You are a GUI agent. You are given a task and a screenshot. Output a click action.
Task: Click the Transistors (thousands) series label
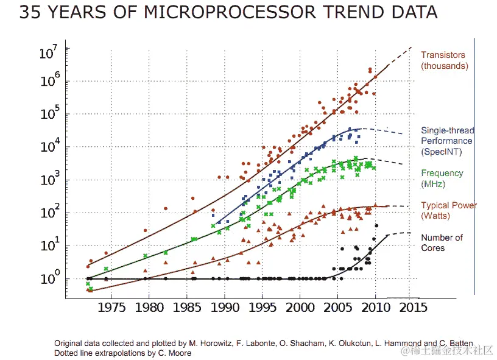(x=444, y=60)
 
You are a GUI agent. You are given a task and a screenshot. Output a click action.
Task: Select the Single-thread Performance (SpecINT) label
(x=447, y=141)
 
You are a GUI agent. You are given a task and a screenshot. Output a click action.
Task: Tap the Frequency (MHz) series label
(x=442, y=178)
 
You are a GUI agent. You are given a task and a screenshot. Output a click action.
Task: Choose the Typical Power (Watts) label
(x=449, y=211)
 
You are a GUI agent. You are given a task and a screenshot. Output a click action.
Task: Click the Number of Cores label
(x=442, y=242)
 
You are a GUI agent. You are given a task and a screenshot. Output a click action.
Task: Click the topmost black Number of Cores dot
(x=376, y=226)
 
